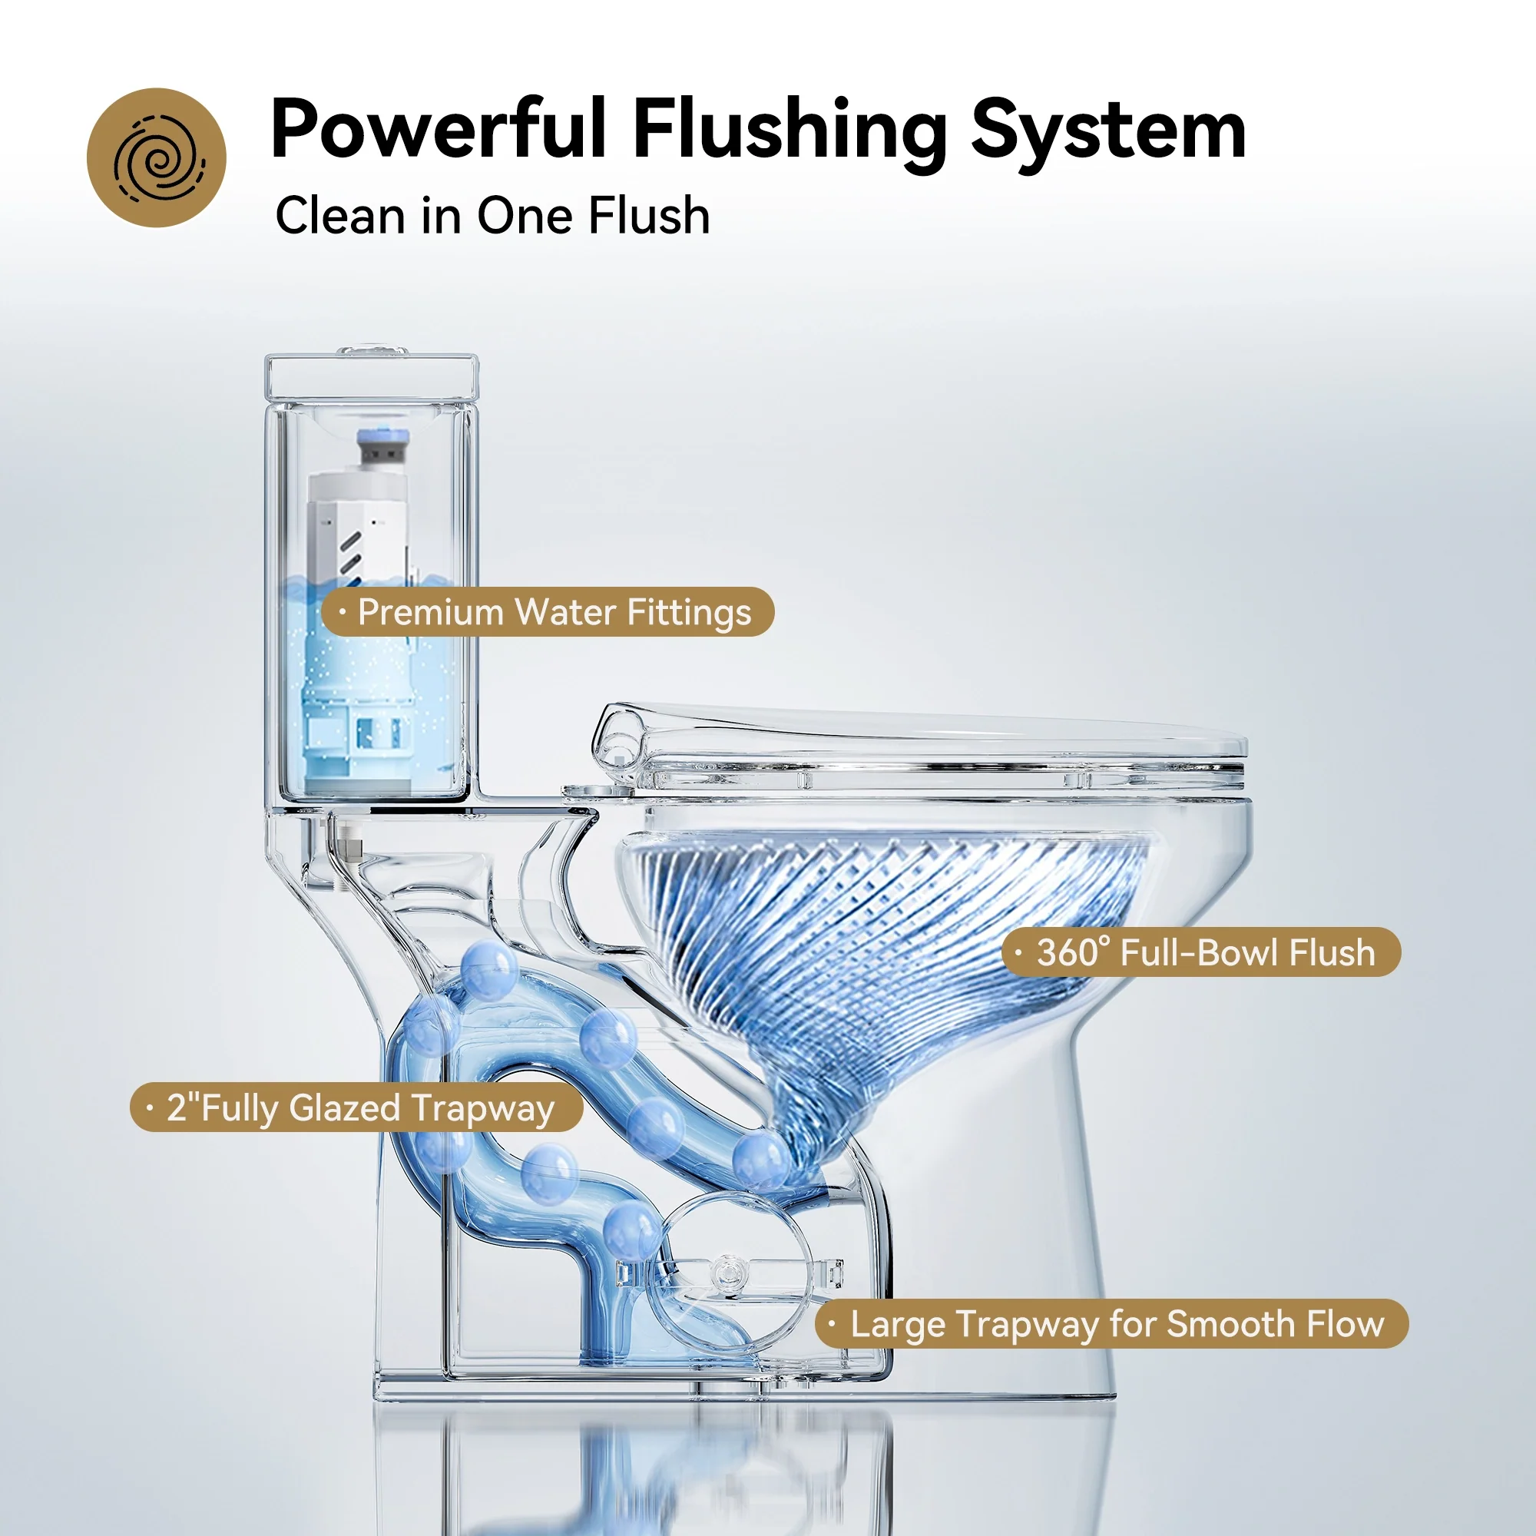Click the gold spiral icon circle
157,157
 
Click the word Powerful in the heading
439,129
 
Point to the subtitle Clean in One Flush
492,216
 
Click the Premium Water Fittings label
548,612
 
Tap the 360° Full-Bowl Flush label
1201,952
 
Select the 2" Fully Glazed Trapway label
356,1107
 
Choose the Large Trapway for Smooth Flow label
1112,1324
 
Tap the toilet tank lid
372,379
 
